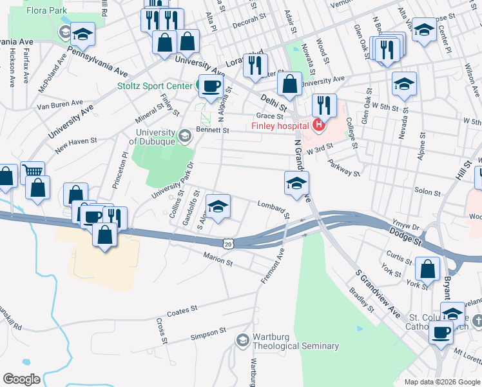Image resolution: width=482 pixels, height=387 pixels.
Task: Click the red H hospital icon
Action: [317, 124]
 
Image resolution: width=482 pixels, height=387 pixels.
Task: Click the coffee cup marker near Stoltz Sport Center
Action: [210, 86]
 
